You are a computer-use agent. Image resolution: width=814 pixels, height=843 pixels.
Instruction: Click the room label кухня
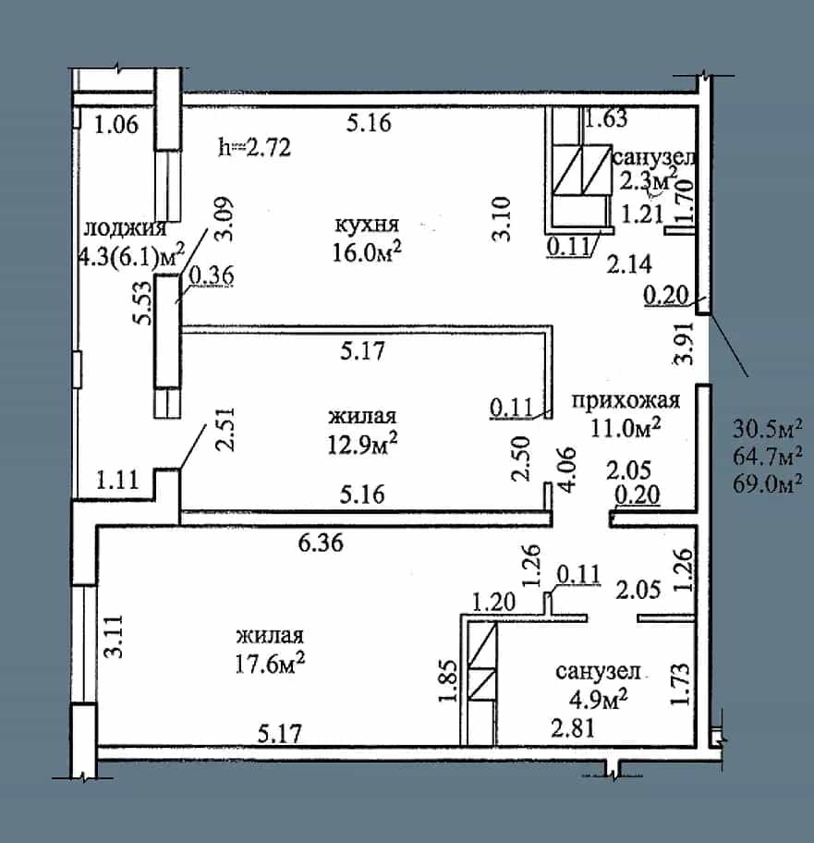click(367, 226)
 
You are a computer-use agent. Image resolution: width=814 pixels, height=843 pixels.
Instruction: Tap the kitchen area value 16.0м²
click(367, 251)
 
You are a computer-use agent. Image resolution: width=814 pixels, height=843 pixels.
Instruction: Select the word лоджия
click(125, 228)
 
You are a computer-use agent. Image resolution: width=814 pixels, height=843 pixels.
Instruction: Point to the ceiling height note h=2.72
click(255, 147)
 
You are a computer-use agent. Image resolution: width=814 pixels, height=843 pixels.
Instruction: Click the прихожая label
click(626, 400)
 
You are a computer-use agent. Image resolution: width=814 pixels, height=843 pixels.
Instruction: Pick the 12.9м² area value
click(363, 444)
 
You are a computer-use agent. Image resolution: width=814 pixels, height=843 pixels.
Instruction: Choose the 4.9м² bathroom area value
click(599, 699)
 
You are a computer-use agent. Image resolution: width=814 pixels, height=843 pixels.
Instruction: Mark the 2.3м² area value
click(649, 179)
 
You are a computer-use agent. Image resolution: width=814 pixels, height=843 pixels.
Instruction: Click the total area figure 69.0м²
click(768, 483)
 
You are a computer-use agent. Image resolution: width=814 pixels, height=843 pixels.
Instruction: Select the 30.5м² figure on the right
click(768, 429)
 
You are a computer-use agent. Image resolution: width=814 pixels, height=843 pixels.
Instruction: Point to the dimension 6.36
click(321, 543)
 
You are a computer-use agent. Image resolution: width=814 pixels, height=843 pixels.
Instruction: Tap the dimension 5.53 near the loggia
click(143, 302)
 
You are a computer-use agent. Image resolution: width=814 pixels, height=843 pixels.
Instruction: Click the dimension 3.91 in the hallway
click(685, 343)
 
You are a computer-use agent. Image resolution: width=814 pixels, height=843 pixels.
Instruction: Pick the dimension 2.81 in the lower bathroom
click(573, 728)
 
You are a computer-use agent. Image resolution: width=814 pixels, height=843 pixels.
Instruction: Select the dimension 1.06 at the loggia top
click(116, 124)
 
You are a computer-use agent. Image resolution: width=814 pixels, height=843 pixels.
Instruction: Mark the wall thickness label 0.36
click(212, 275)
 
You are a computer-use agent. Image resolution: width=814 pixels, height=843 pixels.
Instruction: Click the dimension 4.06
click(567, 469)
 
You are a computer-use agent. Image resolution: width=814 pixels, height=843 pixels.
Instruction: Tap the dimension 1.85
click(448, 680)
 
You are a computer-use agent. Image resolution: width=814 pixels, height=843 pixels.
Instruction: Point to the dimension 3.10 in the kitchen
click(502, 219)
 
